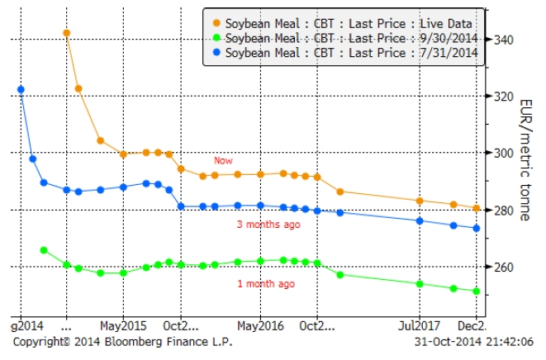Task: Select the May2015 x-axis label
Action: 122,323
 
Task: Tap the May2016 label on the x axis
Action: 259,323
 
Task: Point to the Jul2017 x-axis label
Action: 420,323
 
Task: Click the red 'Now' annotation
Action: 223,160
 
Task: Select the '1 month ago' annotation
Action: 266,283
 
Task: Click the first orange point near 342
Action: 66,33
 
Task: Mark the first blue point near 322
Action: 21,89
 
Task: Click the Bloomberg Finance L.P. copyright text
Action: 122,340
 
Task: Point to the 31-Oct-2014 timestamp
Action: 474,340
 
